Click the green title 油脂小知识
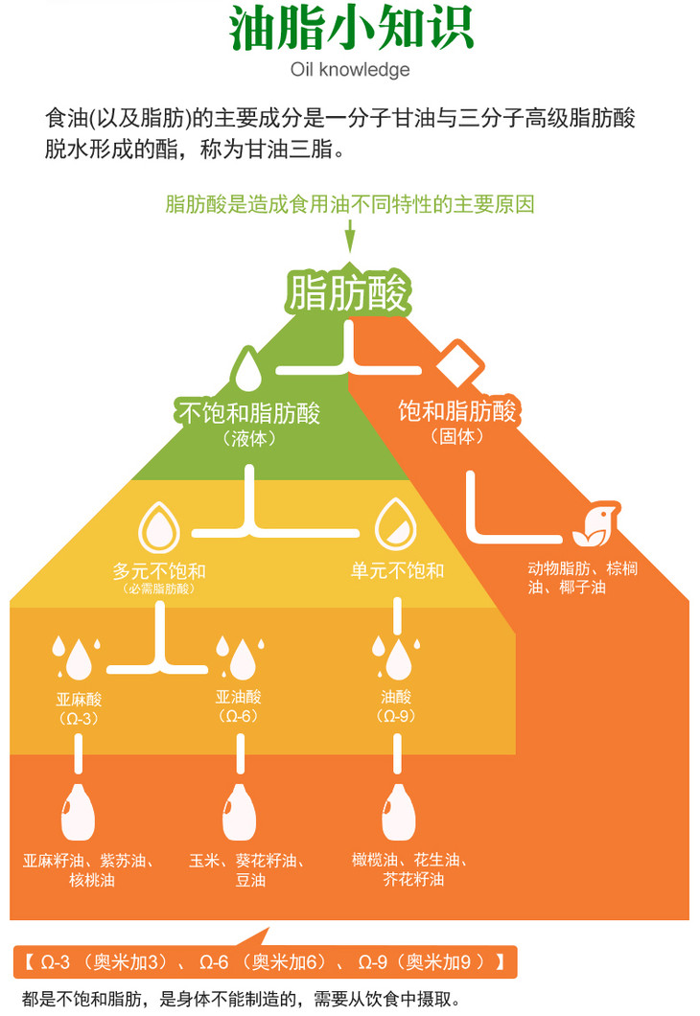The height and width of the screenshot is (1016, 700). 350,29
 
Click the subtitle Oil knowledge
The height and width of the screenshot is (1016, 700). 350,69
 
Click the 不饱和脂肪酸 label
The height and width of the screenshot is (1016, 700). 248,413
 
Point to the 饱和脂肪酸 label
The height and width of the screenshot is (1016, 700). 457,411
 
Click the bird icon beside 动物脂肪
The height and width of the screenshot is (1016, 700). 592,523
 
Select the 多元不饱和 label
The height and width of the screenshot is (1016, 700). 159,571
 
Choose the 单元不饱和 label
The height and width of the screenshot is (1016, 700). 397,571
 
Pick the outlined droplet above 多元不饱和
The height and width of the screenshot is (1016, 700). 159,525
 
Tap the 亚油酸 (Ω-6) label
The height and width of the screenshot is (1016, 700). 237,706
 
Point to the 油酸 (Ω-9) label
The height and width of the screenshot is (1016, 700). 396,706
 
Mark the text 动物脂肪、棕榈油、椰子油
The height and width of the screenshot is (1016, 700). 582,577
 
